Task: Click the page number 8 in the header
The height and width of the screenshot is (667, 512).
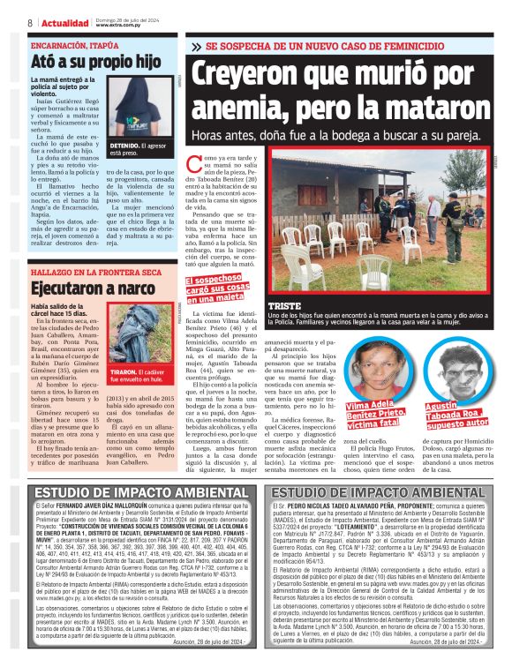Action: [x=30, y=22]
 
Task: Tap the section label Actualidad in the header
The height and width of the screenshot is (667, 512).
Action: [x=64, y=22]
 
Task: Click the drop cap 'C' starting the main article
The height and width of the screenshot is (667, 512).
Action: [x=195, y=164]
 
